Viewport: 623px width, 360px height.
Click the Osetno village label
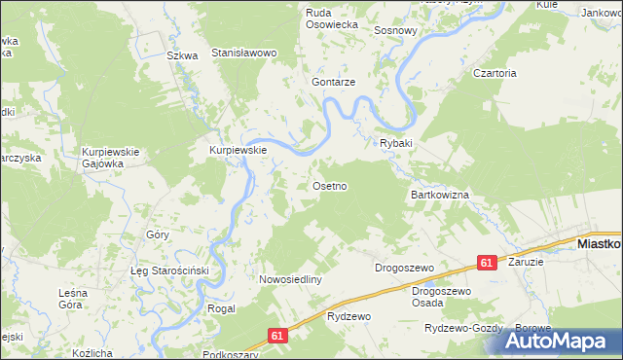pos(329,185)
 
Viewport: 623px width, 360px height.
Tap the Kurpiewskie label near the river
pos(238,151)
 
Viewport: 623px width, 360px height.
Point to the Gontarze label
pos(333,83)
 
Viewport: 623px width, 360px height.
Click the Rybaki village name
pos(396,143)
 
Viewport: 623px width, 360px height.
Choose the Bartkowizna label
pos(440,196)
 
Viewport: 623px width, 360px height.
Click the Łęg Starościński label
pos(171,270)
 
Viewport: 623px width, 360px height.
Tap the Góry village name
pos(158,235)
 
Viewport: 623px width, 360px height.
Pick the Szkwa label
pos(182,55)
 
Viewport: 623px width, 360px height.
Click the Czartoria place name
pos(495,73)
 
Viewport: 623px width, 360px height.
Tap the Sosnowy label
pos(396,30)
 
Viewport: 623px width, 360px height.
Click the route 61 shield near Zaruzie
pos(488,263)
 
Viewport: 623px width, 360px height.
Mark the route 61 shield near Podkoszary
pos(278,336)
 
